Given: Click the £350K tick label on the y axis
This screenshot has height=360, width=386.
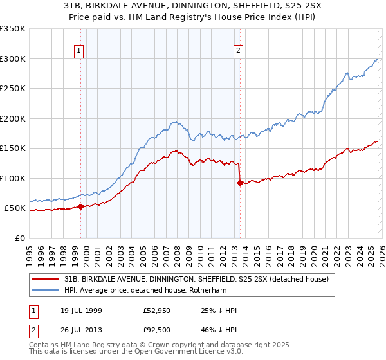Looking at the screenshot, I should (x=12, y=29).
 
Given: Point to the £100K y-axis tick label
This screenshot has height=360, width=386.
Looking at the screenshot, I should (x=12, y=178).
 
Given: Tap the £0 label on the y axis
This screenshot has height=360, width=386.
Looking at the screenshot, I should (x=19, y=238).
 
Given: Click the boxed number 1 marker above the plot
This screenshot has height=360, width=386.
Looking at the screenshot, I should (x=78, y=51).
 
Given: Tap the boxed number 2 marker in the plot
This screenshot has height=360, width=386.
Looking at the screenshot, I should (x=238, y=51).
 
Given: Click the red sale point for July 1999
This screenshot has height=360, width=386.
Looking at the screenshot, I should (x=81, y=206).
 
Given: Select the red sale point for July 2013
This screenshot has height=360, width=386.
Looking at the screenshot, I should (x=240, y=183).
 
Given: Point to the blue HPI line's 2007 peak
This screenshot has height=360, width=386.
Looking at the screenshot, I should (x=173, y=121).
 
